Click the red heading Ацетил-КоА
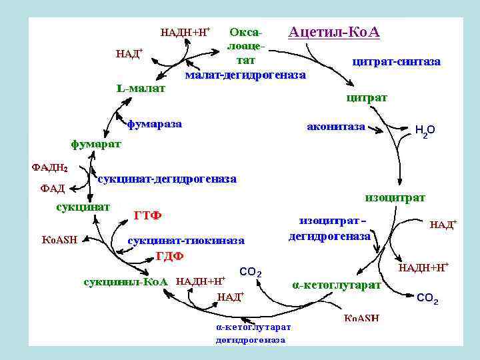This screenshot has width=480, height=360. (333, 32)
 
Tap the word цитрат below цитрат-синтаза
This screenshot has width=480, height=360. (367, 97)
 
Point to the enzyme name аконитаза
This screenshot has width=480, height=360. (335, 126)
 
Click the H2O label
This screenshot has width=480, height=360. (425, 131)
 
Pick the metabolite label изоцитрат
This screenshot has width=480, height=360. (395, 197)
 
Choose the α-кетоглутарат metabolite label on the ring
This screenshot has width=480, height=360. (337, 285)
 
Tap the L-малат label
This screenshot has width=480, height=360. (140, 87)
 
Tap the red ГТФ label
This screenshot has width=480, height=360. (148, 215)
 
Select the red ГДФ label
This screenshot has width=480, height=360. (169, 257)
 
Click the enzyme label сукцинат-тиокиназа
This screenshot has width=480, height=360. (186, 239)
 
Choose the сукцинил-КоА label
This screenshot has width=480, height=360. (125, 281)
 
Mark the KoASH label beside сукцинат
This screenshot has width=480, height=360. (60, 239)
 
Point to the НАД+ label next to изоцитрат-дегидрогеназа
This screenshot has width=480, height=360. (443, 225)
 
